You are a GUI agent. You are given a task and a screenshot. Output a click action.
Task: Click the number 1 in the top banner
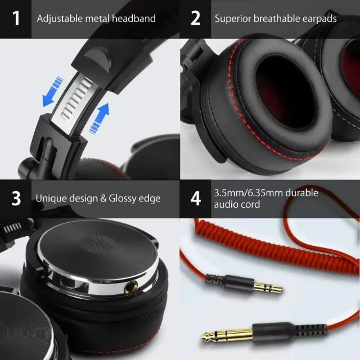(x=16, y=19)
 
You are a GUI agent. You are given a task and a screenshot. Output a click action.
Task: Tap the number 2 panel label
(x=196, y=19)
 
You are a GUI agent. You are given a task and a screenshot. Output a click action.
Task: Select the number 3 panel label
(x=16, y=199)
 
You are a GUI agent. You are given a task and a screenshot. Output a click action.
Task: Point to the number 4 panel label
(x=196, y=199)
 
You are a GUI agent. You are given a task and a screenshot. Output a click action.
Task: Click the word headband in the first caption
(x=133, y=19)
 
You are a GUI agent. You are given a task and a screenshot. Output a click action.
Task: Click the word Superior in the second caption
(x=233, y=19)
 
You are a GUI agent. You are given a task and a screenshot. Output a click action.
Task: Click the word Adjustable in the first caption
(x=59, y=19)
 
